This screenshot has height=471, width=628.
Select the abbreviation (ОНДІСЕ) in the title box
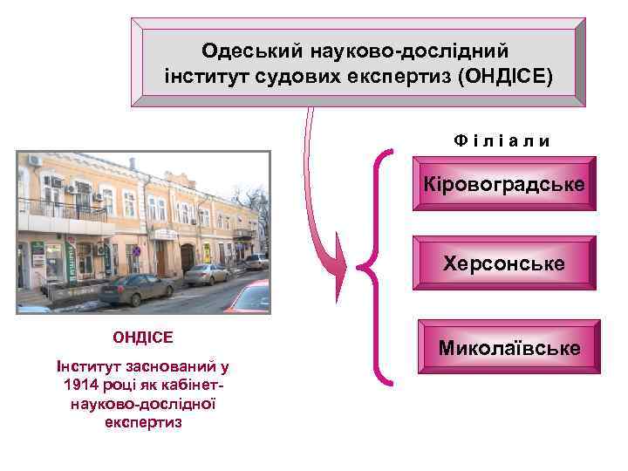point(505,77)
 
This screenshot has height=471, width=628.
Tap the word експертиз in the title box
point(406,77)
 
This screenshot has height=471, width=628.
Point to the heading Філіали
point(501,140)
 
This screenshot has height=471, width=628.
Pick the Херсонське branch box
point(503,263)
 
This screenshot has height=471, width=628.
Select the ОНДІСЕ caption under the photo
point(142,336)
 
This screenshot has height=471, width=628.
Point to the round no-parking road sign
point(135,251)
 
